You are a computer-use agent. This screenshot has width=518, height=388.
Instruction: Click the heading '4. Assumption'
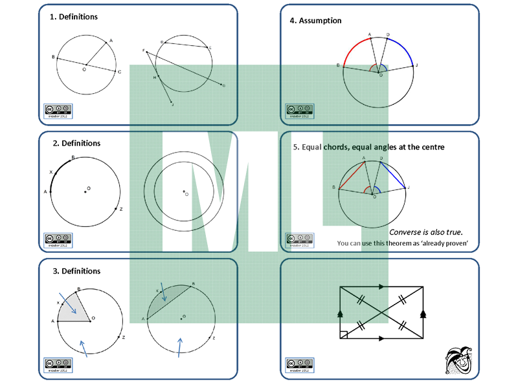pos(315,21)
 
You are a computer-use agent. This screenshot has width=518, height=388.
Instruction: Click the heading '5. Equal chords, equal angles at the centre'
pos(368,147)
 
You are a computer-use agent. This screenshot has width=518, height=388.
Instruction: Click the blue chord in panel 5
pos(394,174)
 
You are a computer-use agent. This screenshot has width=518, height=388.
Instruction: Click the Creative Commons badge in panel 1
pos(58,111)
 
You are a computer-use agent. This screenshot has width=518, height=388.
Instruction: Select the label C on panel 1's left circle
pos(120,72)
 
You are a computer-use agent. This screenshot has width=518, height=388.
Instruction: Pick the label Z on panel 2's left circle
pos(121,210)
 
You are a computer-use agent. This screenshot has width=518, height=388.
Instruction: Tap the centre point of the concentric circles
pos(184,191)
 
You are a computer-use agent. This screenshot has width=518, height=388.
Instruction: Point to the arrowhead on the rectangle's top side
pos(381,286)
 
